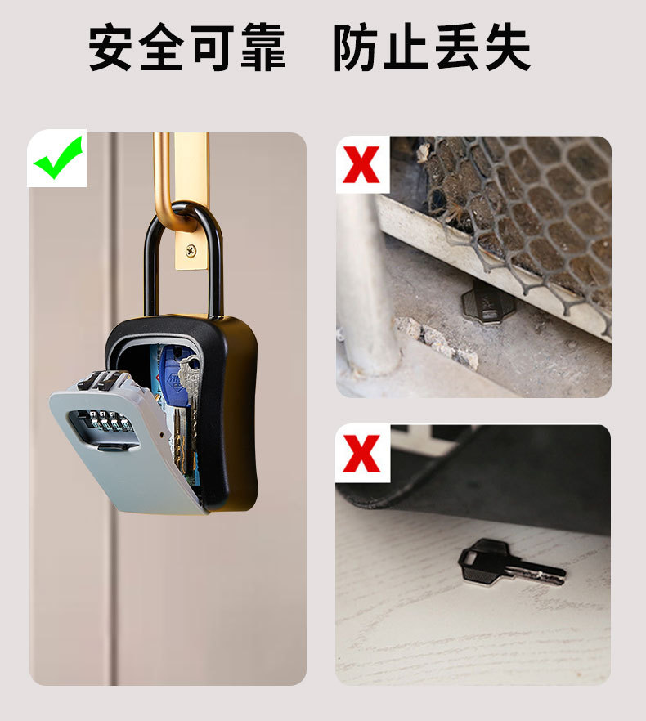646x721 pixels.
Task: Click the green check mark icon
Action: pyautogui.click(x=57, y=158)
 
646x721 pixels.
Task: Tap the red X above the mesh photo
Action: pyautogui.click(x=362, y=163)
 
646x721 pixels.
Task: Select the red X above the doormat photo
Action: pyautogui.click(x=362, y=454)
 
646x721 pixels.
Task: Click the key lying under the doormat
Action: pyautogui.click(x=507, y=564)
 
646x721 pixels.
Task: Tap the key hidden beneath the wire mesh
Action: pyautogui.click(x=487, y=305)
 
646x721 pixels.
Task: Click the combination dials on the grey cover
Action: pyautogui.click(x=102, y=421)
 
